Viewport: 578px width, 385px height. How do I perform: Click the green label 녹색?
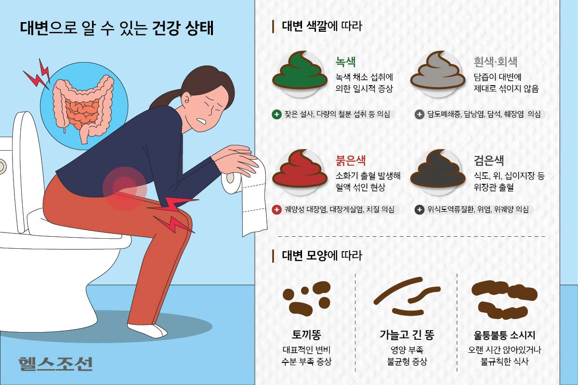pyautogui.click(x=345, y=62)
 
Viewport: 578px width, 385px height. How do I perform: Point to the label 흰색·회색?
pyautogui.click(x=496, y=62)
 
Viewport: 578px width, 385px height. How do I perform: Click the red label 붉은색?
pyautogui.click(x=351, y=160)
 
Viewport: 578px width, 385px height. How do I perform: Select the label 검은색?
pyautogui.click(x=489, y=160)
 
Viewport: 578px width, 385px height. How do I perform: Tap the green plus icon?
pyautogui.click(x=276, y=114)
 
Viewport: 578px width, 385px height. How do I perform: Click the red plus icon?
pyautogui.click(x=276, y=209)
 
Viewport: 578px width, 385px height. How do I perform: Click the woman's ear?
pyautogui.click(x=185, y=99)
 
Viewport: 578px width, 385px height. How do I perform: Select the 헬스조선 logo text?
pyautogui.click(x=55, y=364)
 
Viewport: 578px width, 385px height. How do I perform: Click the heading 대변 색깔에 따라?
pyautogui.click(x=322, y=26)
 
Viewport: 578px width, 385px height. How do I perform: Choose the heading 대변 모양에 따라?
pyautogui.click(x=322, y=256)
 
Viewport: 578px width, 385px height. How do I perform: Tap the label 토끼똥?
pyautogui.click(x=306, y=335)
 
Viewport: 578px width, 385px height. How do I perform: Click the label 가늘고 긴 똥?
pyautogui.click(x=407, y=335)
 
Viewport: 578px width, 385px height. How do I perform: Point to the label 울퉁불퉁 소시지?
pyautogui.click(x=504, y=335)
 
